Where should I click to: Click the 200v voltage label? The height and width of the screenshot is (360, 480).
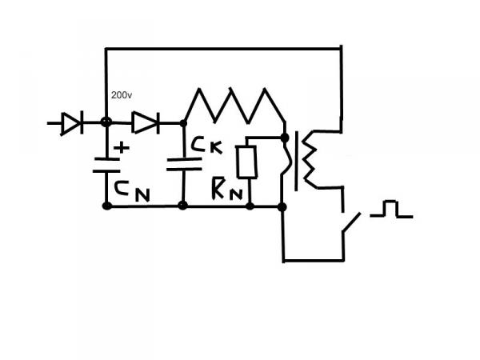pyautogui.click(x=122, y=95)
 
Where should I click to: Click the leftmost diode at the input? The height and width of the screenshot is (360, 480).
pyautogui.click(x=71, y=123)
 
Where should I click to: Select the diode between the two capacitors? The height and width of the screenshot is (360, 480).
pyautogui.click(x=145, y=122)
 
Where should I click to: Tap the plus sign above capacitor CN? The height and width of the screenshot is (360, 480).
pyautogui.click(x=122, y=148)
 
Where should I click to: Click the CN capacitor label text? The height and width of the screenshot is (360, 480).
pyautogui.click(x=131, y=190)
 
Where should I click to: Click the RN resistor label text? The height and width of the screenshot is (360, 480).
pyautogui.click(x=226, y=189)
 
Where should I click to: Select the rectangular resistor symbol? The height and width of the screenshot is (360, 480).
pyautogui.click(x=247, y=162)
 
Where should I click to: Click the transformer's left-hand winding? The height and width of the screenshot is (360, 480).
pyautogui.click(x=286, y=161)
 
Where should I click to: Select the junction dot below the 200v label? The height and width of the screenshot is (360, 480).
pyautogui.click(x=106, y=123)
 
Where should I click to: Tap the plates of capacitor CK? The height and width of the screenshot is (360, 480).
pyautogui.click(x=184, y=164)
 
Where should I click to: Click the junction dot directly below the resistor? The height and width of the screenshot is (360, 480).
pyautogui.click(x=250, y=206)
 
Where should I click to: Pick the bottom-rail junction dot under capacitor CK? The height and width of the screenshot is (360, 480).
pyautogui.click(x=183, y=206)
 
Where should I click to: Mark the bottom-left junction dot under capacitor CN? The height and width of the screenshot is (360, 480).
pyautogui.click(x=106, y=206)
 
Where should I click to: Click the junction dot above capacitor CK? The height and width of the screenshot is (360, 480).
pyautogui.click(x=183, y=123)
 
